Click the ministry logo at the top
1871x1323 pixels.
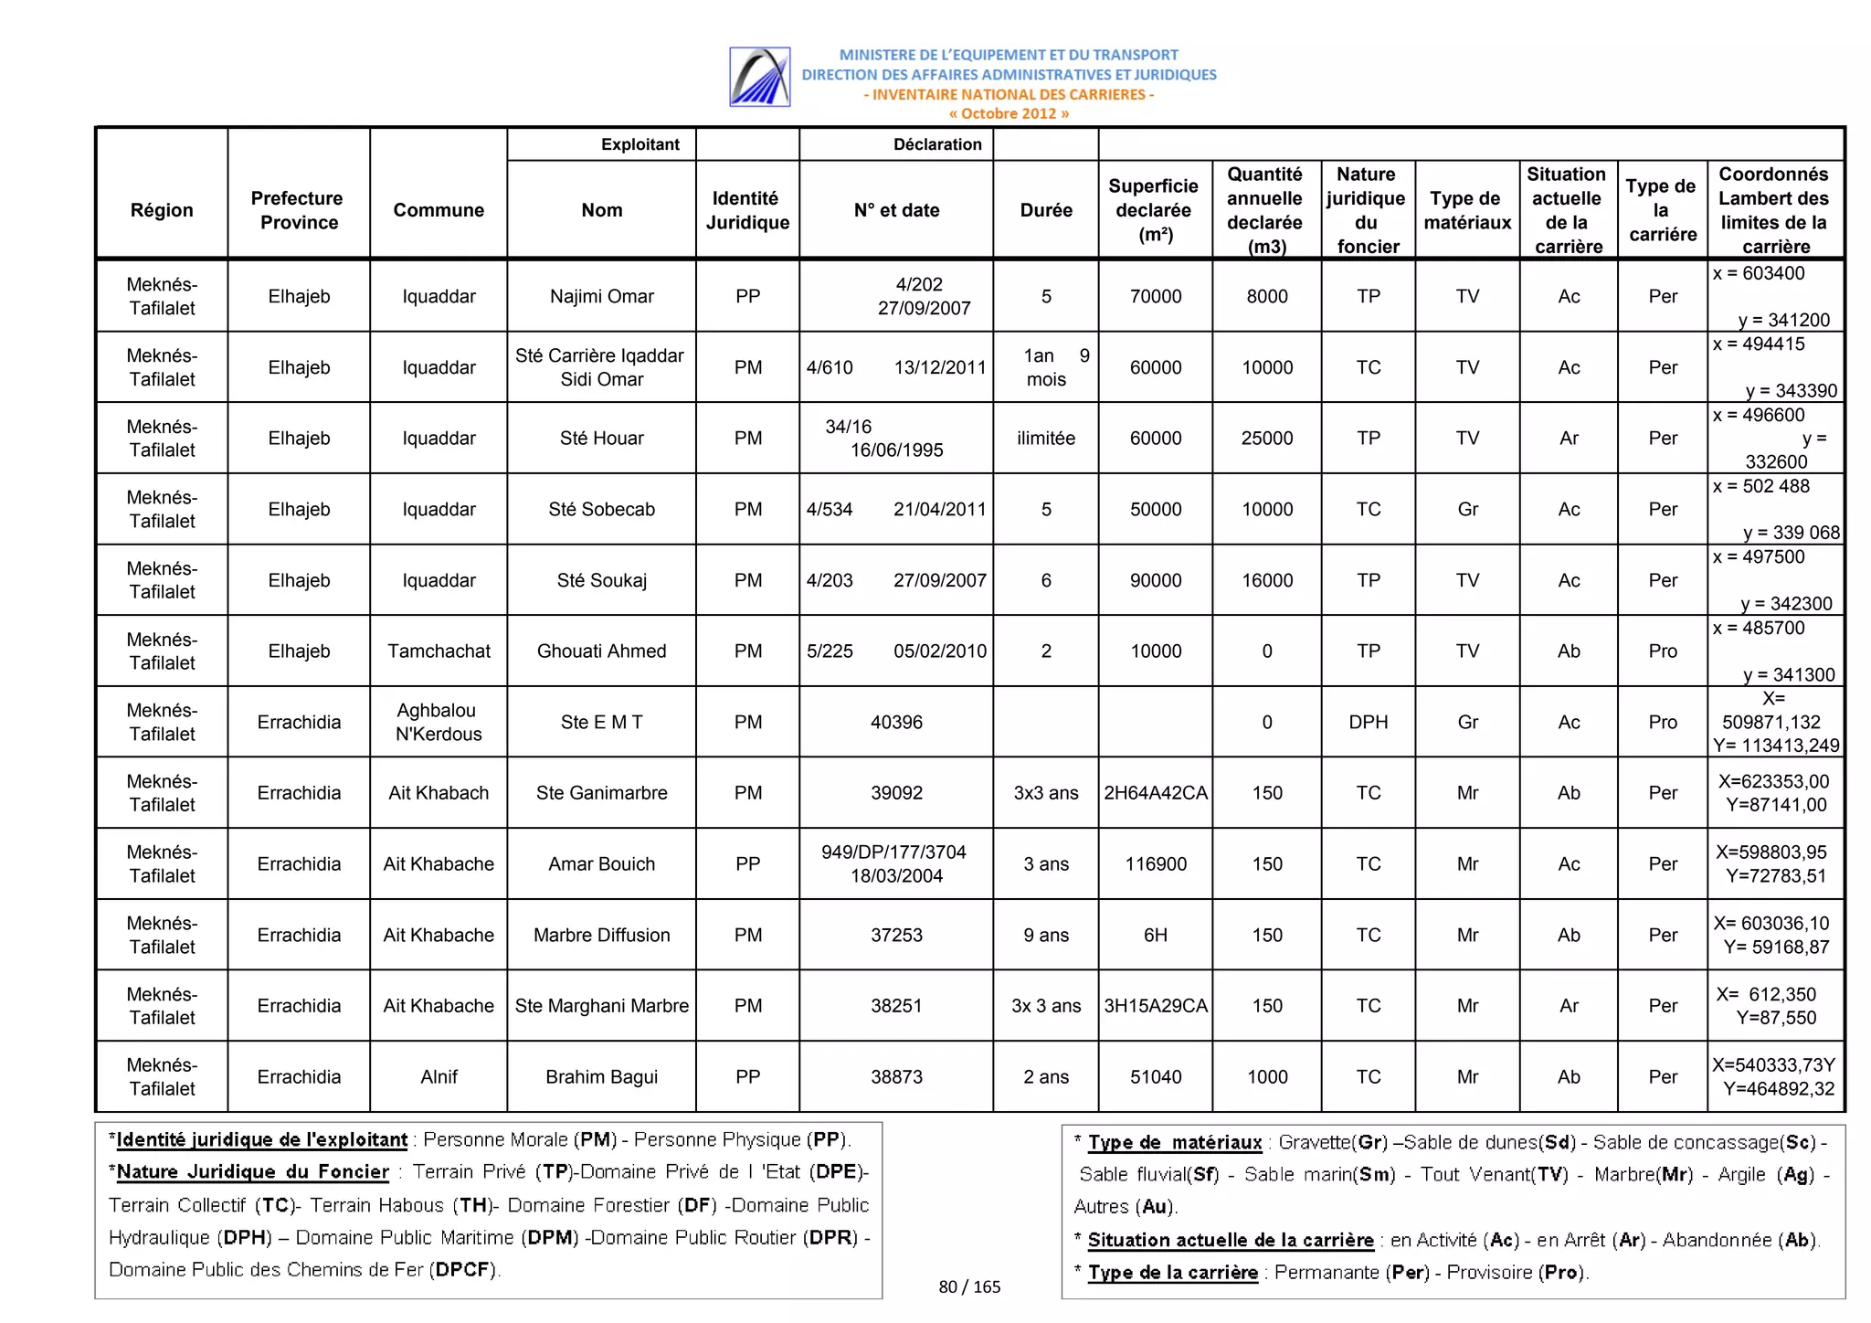(x=759, y=77)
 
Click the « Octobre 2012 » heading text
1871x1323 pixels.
(x=1009, y=114)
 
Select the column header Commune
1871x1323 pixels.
(x=439, y=210)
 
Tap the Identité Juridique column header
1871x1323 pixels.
(x=747, y=210)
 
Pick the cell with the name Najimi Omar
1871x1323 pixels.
(x=601, y=297)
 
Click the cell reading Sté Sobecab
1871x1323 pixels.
(x=601, y=510)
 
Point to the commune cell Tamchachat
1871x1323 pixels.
(x=439, y=651)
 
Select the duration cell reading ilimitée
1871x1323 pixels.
(x=1045, y=439)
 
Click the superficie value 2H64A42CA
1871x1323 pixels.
(x=1155, y=793)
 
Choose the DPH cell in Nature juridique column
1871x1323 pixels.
(x=1368, y=723)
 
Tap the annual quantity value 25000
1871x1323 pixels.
(x=1266, y=439)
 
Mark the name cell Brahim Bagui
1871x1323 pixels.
(x=601, y=1077)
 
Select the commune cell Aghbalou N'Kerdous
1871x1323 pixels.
(x=439, y=723)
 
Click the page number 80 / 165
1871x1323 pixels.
(x=969, y=1287)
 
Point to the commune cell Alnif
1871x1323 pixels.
(x=439, y=1077)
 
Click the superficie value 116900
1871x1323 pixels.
(x=1155, y=864)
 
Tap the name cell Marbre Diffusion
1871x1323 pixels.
(x=601, y=936)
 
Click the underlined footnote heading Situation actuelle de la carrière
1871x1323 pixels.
(x=1230, y=1241)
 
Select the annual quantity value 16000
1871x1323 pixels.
(x=1266, y=581)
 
